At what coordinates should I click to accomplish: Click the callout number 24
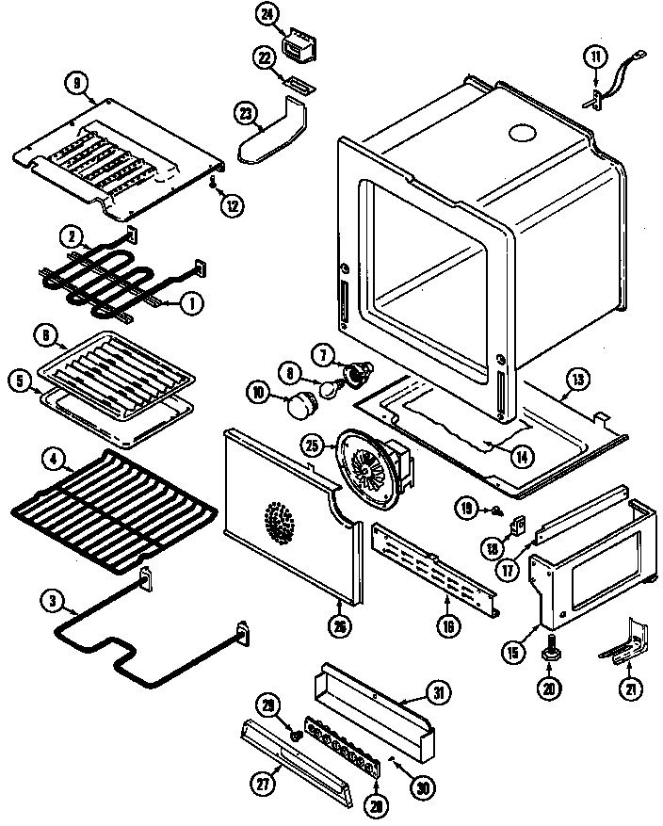point(267,14)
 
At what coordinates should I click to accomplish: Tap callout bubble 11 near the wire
point(594,57)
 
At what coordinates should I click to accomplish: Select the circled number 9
point(76,82)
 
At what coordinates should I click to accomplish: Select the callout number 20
point(546,688)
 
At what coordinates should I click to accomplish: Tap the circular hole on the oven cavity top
point(519,134)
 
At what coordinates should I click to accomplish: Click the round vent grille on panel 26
point(279,521)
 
